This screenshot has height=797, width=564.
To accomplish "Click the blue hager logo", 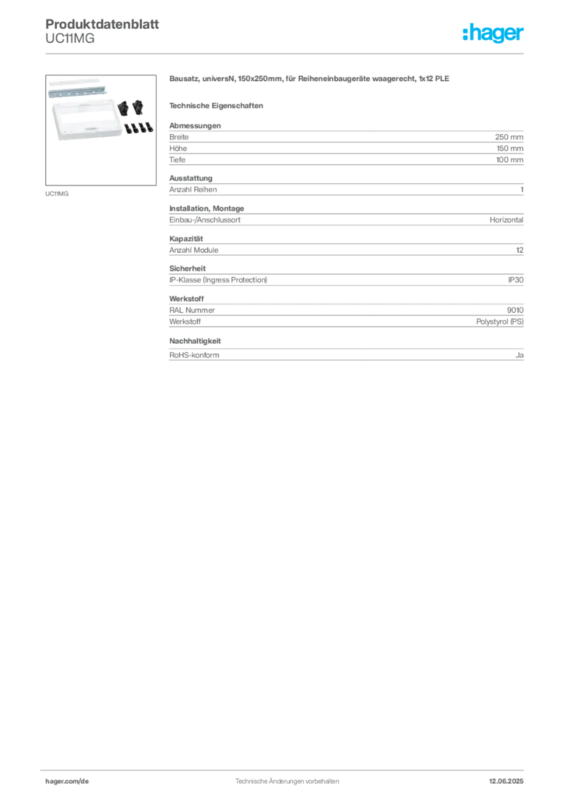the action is (494, 33).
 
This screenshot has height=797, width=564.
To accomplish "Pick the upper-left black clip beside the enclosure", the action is (124, 107).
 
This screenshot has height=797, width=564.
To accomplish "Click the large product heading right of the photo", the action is (310, 80).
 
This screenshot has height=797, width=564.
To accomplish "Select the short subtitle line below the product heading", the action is (219, 104).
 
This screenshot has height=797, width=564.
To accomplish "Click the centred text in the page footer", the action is (287, 778).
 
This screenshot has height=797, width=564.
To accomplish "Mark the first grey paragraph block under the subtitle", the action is (347, 144).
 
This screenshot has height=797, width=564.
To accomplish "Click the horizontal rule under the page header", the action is (287, 53).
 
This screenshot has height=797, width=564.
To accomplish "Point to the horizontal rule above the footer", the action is (287, 769).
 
